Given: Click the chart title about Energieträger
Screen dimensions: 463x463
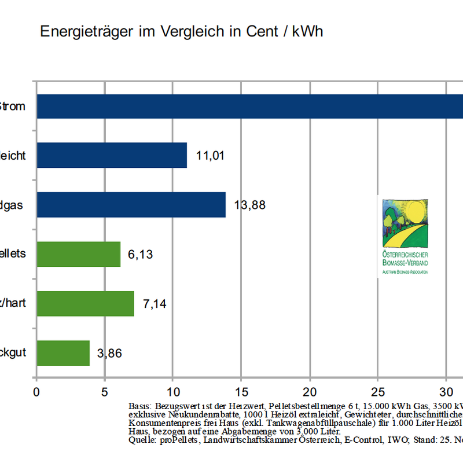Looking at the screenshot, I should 181,32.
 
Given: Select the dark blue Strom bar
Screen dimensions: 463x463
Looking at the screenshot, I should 249,106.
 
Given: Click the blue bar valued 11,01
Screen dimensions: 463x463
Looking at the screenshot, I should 112,155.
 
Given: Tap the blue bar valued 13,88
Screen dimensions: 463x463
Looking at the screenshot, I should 131,205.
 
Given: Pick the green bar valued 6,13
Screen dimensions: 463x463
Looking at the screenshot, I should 78,254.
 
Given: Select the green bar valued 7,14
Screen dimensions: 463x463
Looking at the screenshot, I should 85,303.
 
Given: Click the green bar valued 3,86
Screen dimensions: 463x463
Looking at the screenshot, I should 63,353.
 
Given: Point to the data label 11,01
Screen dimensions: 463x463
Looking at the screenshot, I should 210,156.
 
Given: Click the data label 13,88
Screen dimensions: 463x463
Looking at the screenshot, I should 249,205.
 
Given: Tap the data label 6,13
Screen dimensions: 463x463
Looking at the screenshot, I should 140,255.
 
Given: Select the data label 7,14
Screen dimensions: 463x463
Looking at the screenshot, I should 155,304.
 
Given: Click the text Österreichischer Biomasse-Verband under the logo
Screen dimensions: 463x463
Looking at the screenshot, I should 405,259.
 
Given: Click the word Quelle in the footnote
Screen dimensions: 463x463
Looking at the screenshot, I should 141,440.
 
